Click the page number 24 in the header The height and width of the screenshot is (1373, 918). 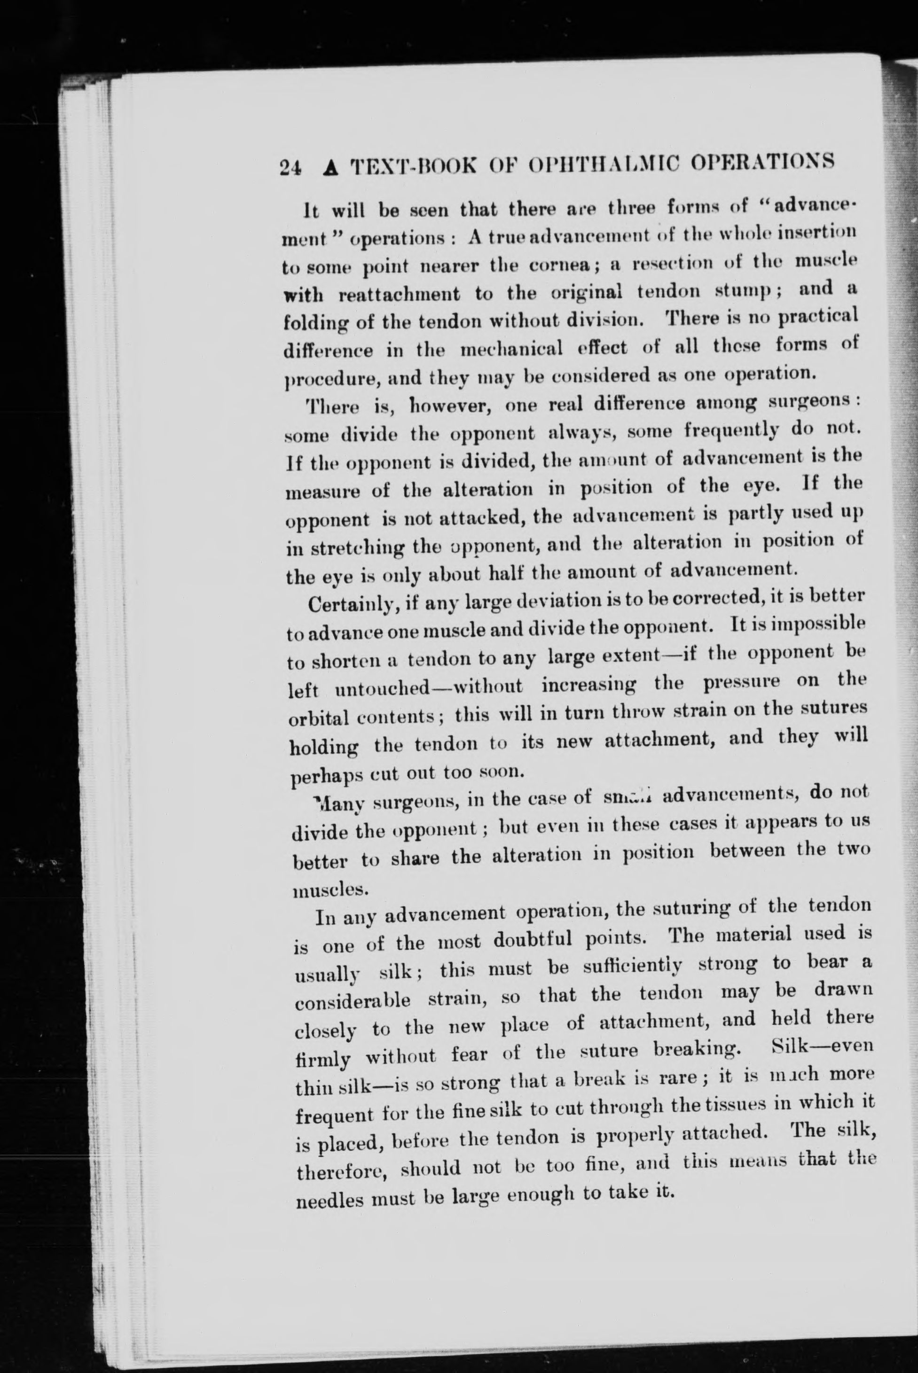[x=290, y=167]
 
